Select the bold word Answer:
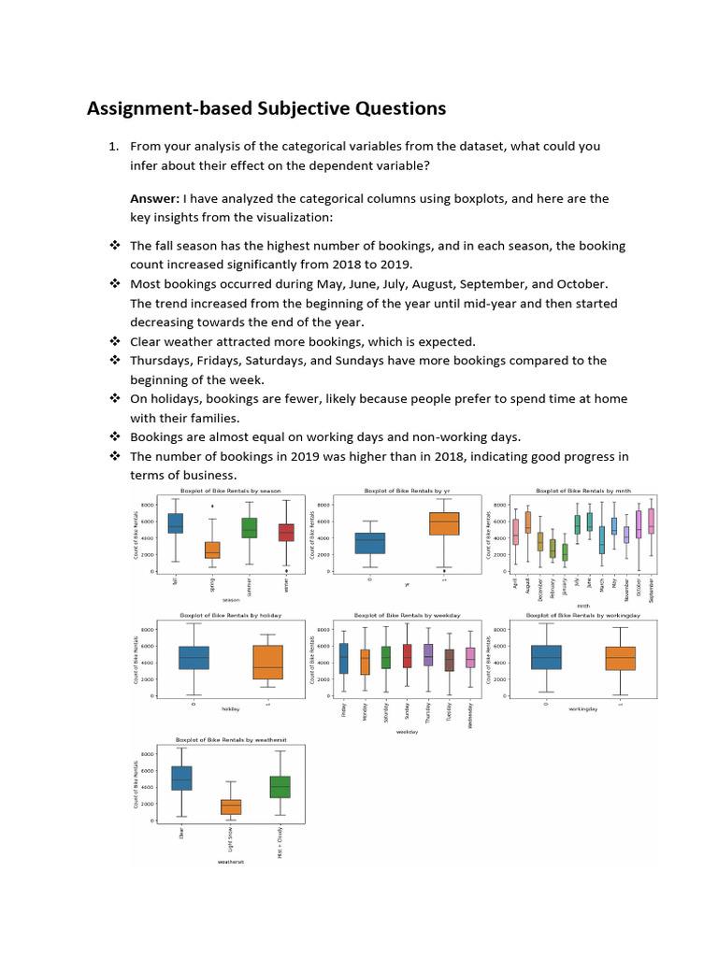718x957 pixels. point(155,198)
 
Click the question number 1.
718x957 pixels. point(112,146)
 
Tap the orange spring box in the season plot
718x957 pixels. point(212,550)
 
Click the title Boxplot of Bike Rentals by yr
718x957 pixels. point(406,491)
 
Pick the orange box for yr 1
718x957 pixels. point(443,523)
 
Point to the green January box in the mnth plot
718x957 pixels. point(564,552)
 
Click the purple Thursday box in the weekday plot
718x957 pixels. point(427,654)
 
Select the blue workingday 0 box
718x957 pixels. point(545,657)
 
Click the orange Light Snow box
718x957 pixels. point(230,807)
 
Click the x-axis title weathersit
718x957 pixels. point(229,862)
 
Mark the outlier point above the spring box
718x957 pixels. point(212,507)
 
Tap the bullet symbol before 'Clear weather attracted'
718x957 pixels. point(115,342)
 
